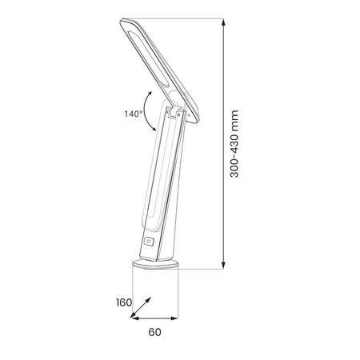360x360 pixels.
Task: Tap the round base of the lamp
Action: pos(155,264)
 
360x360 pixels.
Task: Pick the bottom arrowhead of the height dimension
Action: pos(222,267)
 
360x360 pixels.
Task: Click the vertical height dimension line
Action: pos(222,144)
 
